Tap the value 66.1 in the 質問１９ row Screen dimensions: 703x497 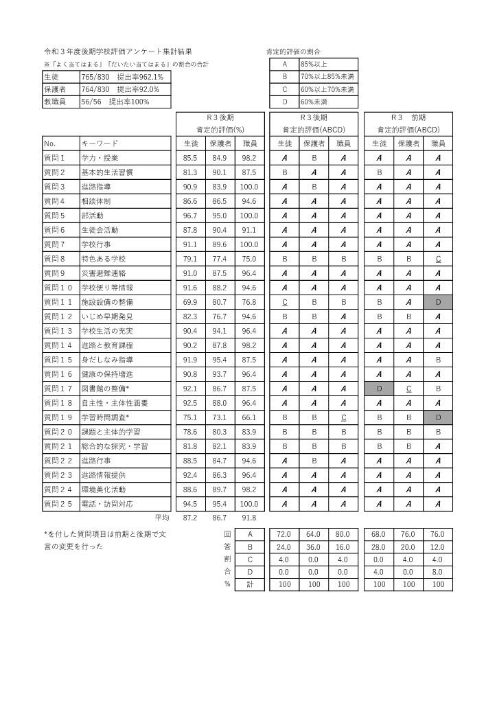tap(249, 417)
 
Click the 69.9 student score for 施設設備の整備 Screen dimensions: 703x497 tap(189, 302)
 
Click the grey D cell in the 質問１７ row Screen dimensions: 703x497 tap(379, 389)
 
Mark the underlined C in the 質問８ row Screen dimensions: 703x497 tap(438, 259)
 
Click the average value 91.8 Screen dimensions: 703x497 tap(249, 518)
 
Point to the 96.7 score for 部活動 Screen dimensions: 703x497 tap(189, 216)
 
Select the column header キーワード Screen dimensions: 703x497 tap(100, 143)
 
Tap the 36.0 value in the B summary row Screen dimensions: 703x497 tap(314, 547)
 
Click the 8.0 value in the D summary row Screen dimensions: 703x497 tap(438, 572)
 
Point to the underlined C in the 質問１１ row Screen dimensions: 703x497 tap(284, 302)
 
